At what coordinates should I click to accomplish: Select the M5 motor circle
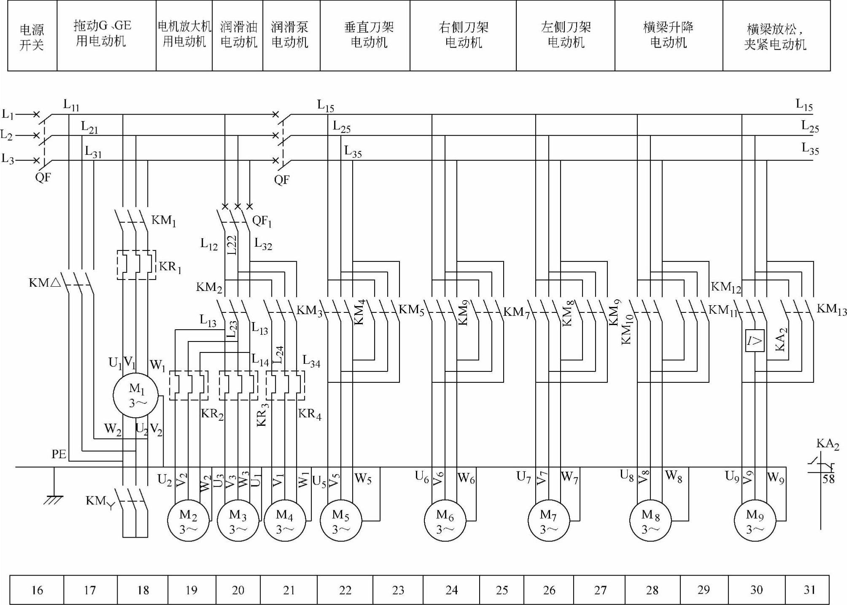(x=341, y=521)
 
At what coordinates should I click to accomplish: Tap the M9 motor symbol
(x=755, y=521)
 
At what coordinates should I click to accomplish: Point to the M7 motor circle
(x=548, y=521)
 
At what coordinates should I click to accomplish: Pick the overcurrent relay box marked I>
(x=755, y=341)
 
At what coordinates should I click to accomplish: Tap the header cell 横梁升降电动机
(x=668, y=35)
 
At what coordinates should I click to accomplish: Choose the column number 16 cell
(x=37, y=590)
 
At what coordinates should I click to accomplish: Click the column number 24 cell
(x=451, y=590)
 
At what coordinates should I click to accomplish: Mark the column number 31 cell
(x=809, y=590)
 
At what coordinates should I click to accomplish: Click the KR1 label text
(x=170, y=267)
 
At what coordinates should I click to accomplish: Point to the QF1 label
(x=262, y=221)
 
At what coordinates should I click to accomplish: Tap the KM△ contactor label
(x=45, y=282)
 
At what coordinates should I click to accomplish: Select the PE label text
(x=59, y=454)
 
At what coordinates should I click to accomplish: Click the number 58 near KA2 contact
(x=828, y=479)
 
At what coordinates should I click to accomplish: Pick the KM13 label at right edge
(x=831, y=309)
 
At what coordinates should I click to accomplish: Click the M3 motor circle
(x=238, y=521)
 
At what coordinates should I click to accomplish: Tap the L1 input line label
(x=8, y=114)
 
